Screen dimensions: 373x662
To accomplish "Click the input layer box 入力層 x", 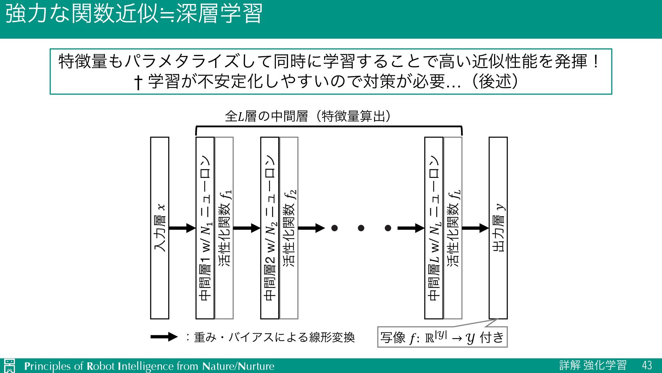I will (x=160, y=228).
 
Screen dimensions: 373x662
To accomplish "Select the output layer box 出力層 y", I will (x=498, y=228).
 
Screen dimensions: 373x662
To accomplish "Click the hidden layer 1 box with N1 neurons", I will (x=205, y=228).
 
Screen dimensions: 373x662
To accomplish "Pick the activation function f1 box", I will (x=224, y=228).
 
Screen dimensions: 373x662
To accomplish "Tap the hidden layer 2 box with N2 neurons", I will (x=270, y=228).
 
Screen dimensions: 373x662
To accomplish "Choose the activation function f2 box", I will (x=289, y=228).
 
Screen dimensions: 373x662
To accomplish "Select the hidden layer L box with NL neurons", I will (x=434, y=228).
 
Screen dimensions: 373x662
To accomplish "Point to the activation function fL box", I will (x=453, y=228).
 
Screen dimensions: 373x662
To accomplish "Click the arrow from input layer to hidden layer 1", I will (x=182, y=228).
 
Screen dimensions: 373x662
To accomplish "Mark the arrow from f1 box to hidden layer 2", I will (x=247, y=228).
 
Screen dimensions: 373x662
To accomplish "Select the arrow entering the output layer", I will (x=475, y=228).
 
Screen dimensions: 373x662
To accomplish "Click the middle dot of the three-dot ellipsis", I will (x=361, y=228).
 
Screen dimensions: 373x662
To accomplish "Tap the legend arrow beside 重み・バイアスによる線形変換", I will (x=164, y=337).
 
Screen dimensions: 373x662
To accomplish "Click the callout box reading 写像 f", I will (x=442, y=337).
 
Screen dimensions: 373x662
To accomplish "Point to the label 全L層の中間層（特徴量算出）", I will (x=308, y=116).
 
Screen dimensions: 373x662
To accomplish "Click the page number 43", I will (x=647, y=365).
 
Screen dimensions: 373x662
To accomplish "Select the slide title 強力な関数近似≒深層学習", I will (x=134, y=14).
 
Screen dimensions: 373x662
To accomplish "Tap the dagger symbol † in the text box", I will (x=138, y=82).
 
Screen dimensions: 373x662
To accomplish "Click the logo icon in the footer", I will (x=10, y=366).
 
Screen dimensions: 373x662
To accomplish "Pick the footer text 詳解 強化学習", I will (x=593, y=365).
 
